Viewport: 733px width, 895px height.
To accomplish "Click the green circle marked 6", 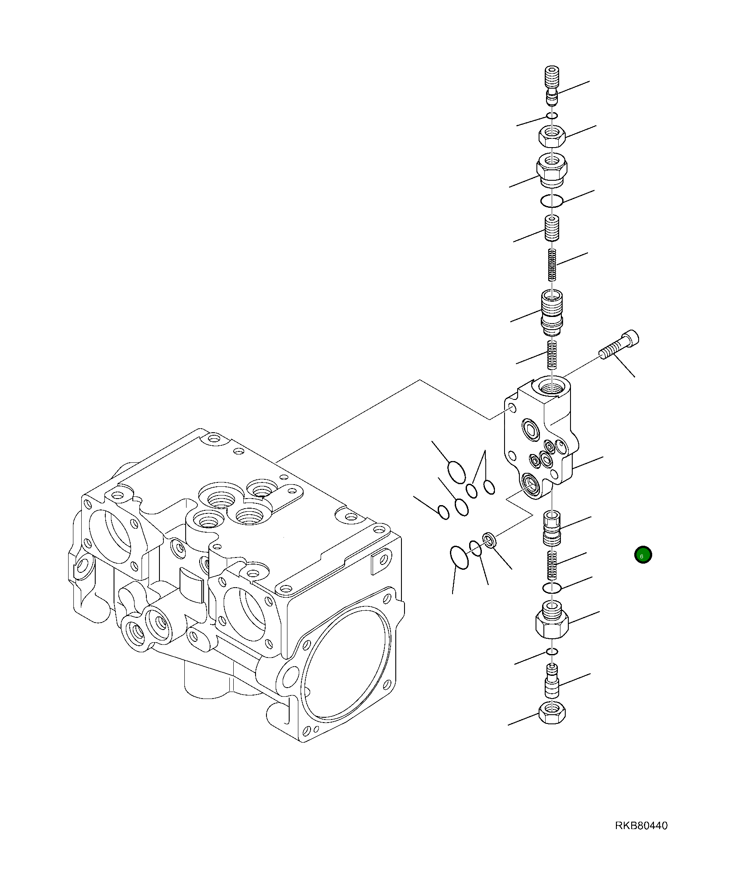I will click(x=643, y=555).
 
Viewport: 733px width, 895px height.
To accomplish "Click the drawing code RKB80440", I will click(x=641, y=826).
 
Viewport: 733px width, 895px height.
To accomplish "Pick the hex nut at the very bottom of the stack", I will click(x=553, y=713).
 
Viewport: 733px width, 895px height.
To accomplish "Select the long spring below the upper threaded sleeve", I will click(x=553, y=265).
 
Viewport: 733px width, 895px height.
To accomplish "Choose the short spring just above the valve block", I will click(x=553, y=354).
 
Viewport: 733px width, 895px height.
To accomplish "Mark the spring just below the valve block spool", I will click(x=553, y=565).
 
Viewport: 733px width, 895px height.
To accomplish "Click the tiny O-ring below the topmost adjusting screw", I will click(x=553, y=116).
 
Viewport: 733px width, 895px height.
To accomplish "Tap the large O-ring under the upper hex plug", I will click(x=551, y=201).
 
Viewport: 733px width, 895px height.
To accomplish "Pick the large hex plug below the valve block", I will click(x=552, y=620).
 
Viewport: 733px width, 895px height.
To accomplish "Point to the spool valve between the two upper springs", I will click(x=552, y=311).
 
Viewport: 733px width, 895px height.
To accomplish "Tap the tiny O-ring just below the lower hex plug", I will click(x=553, y=652).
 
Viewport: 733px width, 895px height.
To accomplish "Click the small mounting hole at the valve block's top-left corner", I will click(x=512, y=408).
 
